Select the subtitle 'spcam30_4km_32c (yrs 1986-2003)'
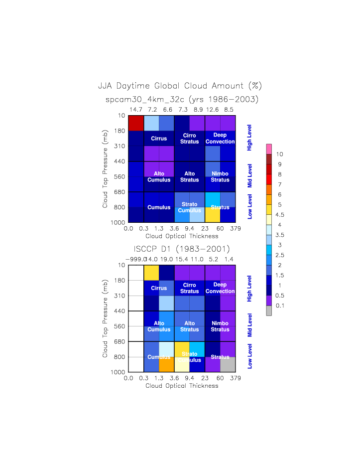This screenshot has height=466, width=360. pyautogui.click(x=182, y=99)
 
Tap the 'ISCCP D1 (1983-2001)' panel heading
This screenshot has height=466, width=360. pyautogui.click(x=182, y=249)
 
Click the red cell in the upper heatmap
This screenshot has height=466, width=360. pyautogui.click(x=136, y=123)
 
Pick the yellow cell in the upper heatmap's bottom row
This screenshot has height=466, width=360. pyautogui.click(x=212, y=214)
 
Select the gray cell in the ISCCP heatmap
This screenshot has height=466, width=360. pyautogui.click(x=228, y=364)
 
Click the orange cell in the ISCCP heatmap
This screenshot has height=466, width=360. pyautogui.click(x=166, y=364)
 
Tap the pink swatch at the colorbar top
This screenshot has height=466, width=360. pyautogui.click(x=269, y=149)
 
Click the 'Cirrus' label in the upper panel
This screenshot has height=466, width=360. pyautogui.click(x=159, y=138)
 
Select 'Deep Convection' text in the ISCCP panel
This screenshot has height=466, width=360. pyautogui.click(x=220, y=288)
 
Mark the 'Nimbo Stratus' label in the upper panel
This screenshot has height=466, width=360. pyautogui.click(x=220, y=176)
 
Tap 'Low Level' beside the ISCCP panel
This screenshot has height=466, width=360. pyautogui.click(x=250, y=356)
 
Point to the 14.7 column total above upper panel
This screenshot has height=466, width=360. pyautogui.click(x=136, y=109)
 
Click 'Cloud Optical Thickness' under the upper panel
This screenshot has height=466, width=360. pyautogui.click(x=182, y=236)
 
